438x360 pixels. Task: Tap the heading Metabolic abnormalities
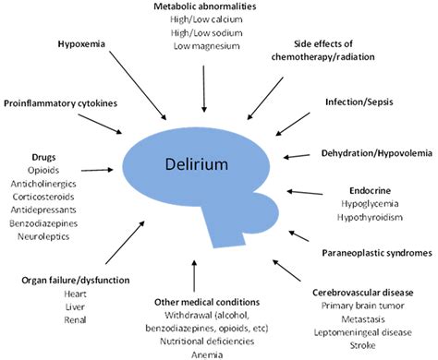click(x=203, y=7)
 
